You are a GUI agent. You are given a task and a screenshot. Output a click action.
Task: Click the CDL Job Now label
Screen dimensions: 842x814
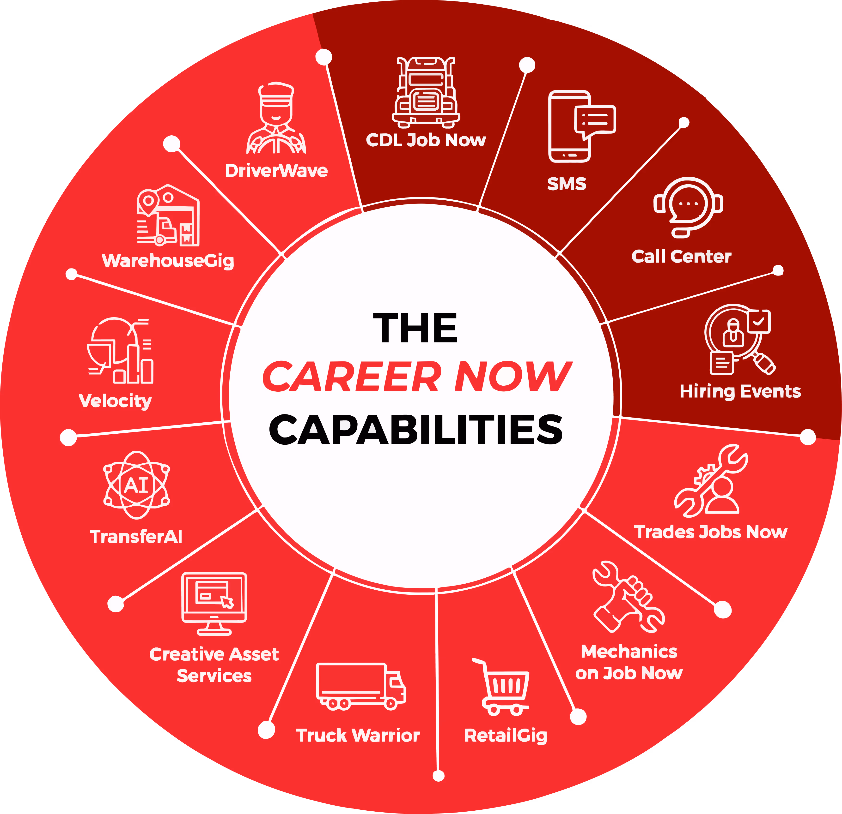pyautogui.click(x=425, y=140)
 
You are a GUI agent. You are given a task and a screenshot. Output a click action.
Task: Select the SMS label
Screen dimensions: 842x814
pyautogui.click(x=567, y=184)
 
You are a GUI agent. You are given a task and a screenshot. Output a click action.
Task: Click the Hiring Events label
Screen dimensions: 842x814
pyautogui.click(x=740, y=392)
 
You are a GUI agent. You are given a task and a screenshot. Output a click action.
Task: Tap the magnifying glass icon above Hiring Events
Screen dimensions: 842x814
pyautogui.click(x=739, y=339)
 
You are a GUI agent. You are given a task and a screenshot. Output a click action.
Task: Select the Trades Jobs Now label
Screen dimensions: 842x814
pyautogui.click(x=711, y=532)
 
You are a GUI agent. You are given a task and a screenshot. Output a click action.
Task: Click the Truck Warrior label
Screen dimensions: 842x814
pyautogui.click(x=357, y=736)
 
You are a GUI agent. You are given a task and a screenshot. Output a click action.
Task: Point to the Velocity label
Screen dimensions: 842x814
pyautogui.click(x=115, y=401)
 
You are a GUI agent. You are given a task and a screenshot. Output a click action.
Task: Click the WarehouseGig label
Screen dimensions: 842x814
pyautogui.click(x=168, y=261)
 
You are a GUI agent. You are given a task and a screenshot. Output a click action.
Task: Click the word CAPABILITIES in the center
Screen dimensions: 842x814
pyautogui.click(x=415, y=430)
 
